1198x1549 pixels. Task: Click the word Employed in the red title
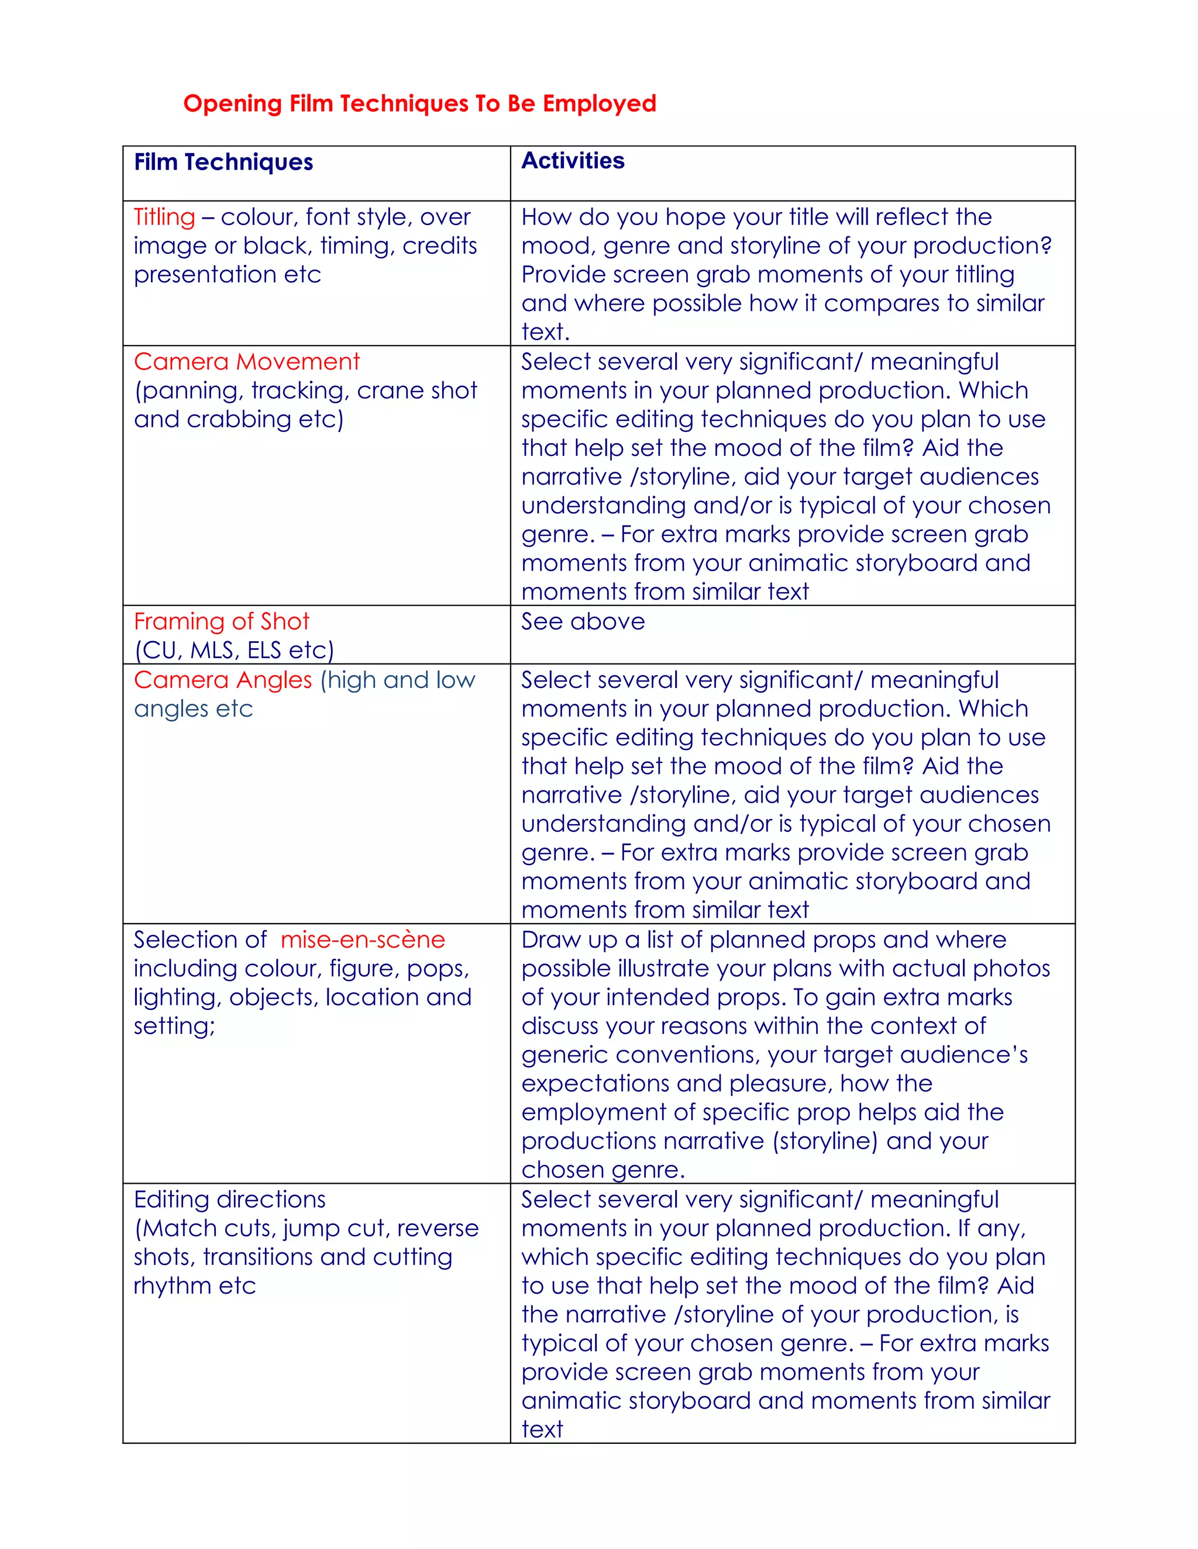(x=599, y=103)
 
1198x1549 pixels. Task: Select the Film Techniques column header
(x=223, y=162)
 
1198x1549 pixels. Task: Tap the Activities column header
(x=573, y=161)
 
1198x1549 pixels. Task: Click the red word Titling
(x=164, y=217)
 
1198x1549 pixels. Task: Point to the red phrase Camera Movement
(x=247, y=362)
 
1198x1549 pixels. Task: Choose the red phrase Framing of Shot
(x=222, y=621)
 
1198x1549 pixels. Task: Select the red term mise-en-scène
(x=363, y=939)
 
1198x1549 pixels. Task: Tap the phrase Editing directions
(x=230, y=1199)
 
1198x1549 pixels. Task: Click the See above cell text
(x=583, y=621)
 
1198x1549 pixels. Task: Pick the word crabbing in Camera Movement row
(x=239, y=419)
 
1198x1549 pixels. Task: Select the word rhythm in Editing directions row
(x=173, y=1285)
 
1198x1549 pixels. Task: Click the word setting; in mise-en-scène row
(x=174, y=1026)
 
